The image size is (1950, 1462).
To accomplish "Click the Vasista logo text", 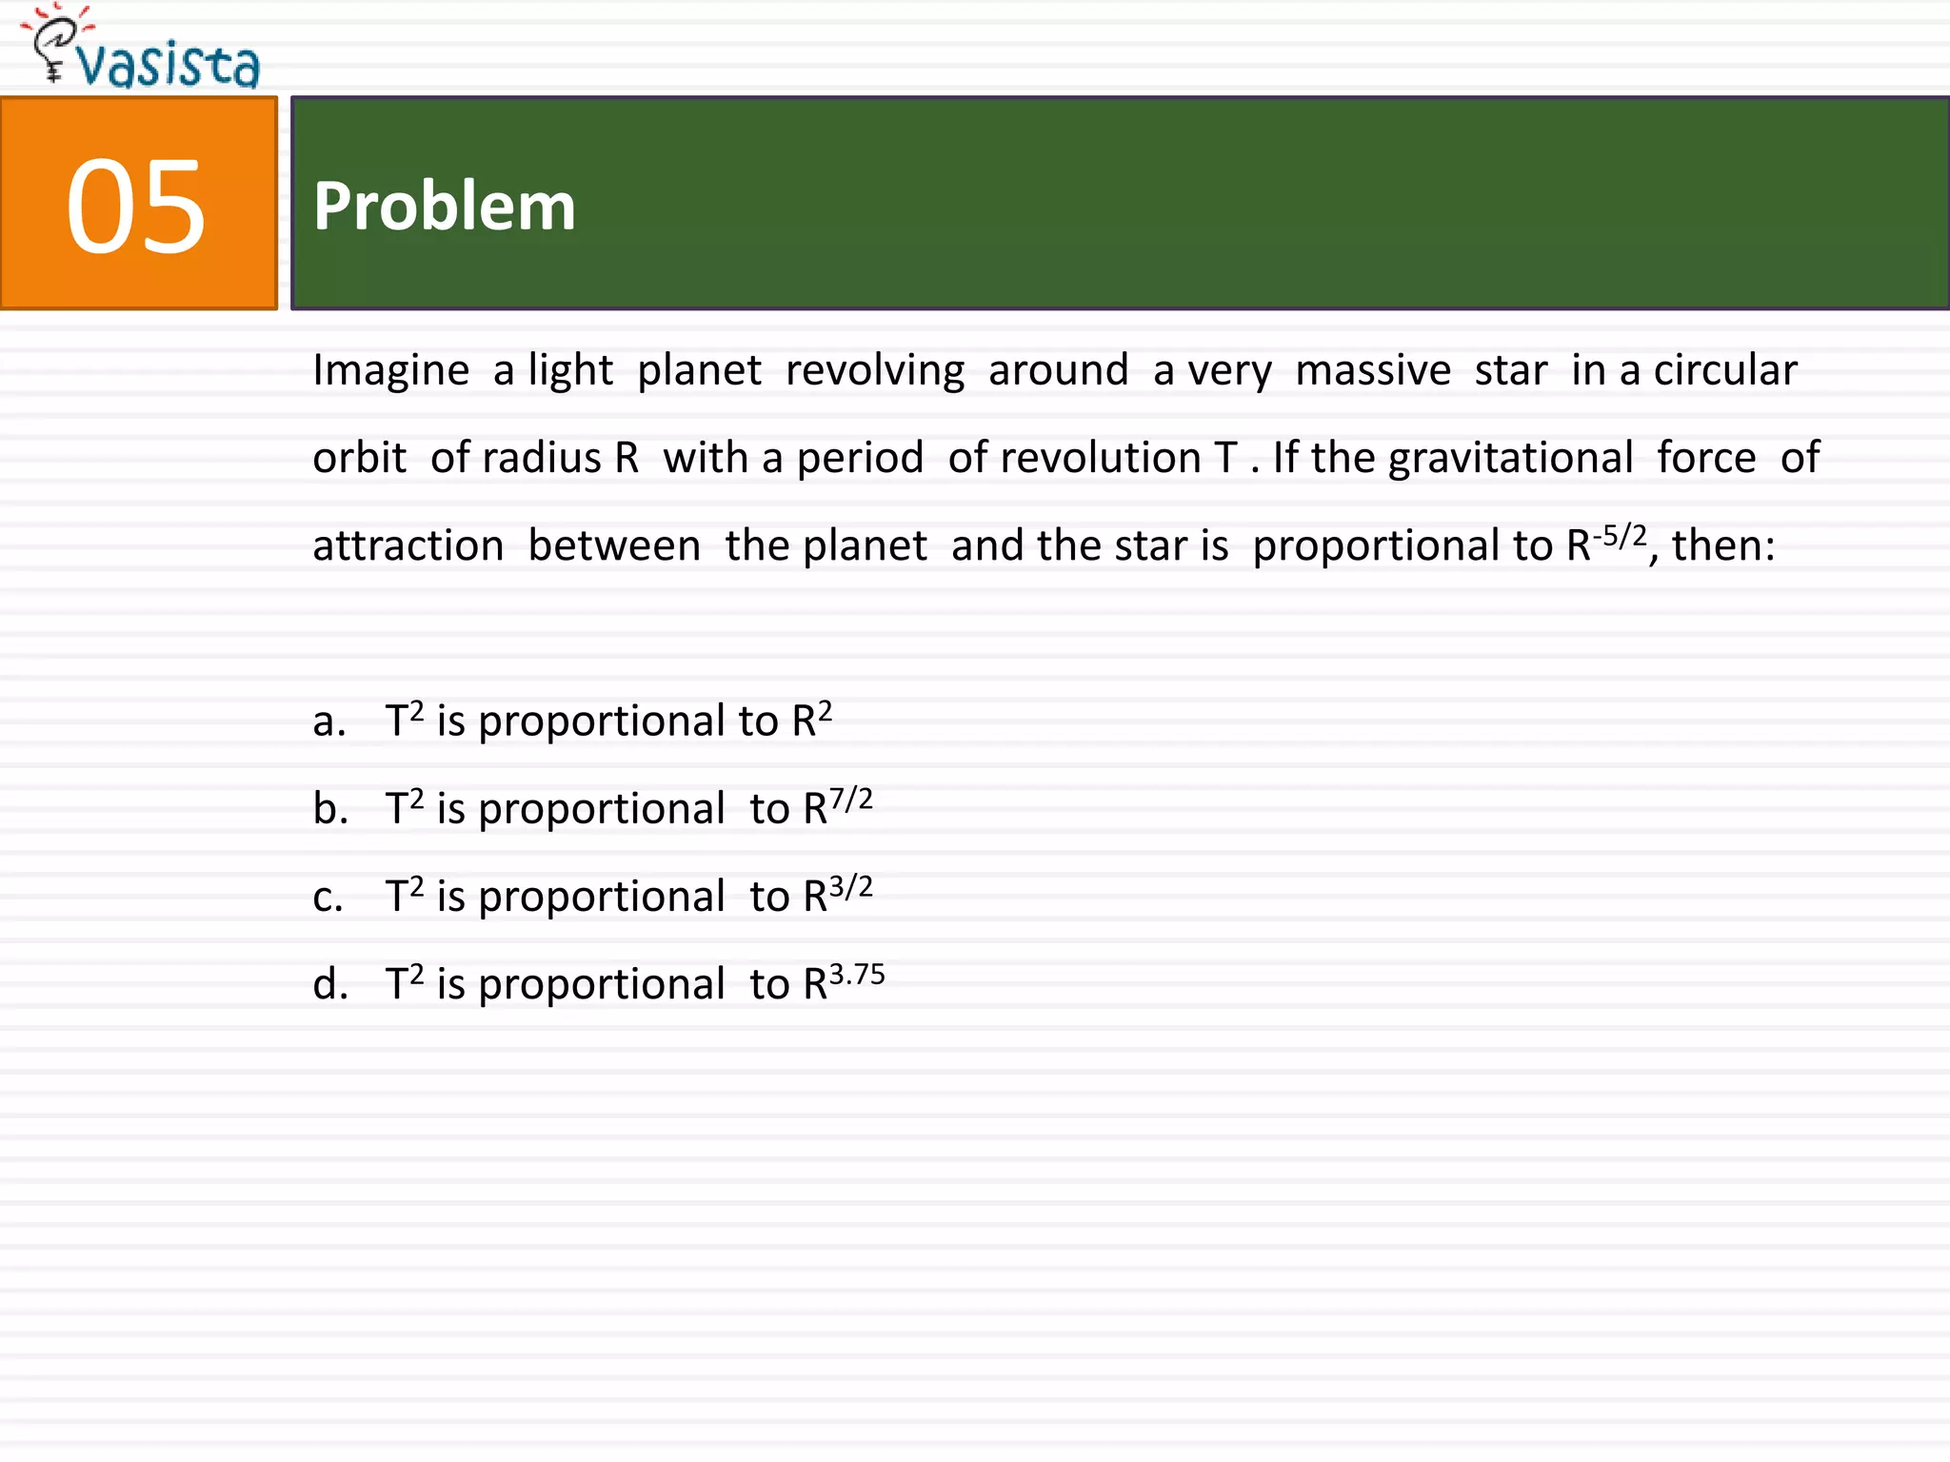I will click(168, 65).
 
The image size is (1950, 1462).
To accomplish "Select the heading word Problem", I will click(444, 207).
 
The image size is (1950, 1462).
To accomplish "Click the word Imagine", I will click(390, 370).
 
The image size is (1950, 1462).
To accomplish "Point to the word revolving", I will click(874, 370).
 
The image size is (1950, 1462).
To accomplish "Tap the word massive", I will click(1373, 370).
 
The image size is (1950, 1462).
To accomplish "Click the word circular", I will click(1724, 370).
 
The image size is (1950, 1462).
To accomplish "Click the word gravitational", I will click(1510, 458).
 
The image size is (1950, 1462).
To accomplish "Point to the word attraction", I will click(408, 546).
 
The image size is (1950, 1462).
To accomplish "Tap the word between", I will click(614, 546).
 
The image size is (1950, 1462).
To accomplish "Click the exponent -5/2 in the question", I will click(1620, 536).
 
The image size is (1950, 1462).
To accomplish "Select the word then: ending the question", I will click(1723, 546).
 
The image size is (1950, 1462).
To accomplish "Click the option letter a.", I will click(328, 721).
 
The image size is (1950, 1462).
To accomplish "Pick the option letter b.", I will click(329, 809).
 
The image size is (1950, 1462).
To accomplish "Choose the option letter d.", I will click(329, 984).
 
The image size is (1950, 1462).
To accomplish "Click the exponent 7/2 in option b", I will click(850, 800).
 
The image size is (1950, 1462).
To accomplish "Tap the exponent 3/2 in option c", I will click(850, 887).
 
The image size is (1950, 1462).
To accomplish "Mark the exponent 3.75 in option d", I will click(857, 975).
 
